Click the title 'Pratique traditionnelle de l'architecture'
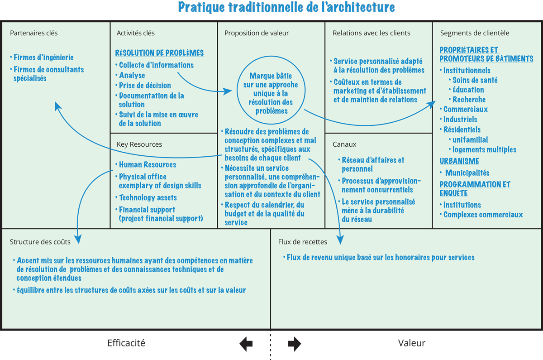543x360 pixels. tap(286, 7)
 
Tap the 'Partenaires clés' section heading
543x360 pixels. tap(33, 33)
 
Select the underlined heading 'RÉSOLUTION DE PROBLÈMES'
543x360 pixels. tap(159, 53)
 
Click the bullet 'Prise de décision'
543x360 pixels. tap(145, 86)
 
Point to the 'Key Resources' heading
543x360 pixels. tap(139, 144)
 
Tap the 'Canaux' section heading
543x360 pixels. tap(344, 144)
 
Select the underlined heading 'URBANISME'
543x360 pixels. tap(459, 161)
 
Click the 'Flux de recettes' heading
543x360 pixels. tap(303, 242)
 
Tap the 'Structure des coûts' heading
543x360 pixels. tap(40, 242)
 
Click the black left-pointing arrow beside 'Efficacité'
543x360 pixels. tap(246, 344)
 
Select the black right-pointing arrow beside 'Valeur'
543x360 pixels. tap(295, 344)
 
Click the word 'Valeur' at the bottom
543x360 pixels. tap(412, 343)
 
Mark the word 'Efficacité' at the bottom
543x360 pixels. tap(126, 343)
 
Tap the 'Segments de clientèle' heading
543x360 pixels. tap(475, 33)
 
